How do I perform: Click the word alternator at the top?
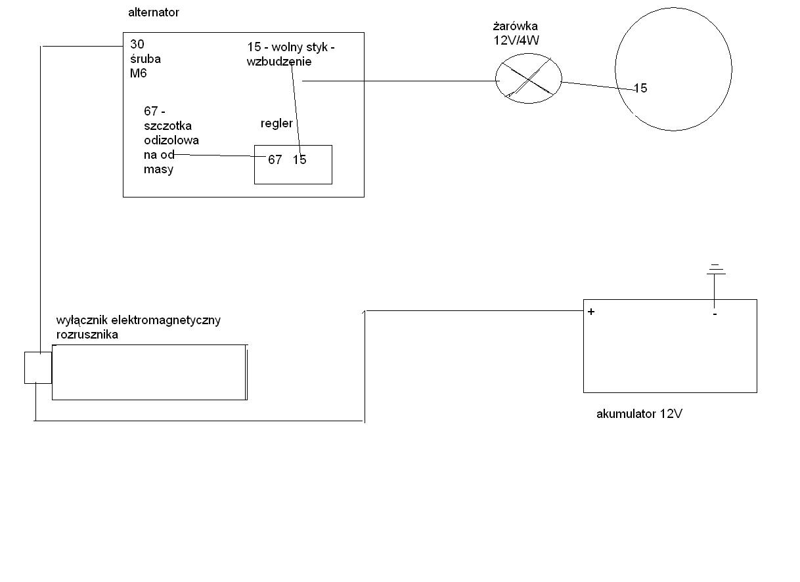click(x=153, y=12)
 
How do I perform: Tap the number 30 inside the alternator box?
click(x=137, y=45)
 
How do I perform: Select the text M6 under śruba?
click(x=138, y=73)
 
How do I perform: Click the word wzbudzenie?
click(x=279, y=62)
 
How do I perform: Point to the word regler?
click(x=277, y=123)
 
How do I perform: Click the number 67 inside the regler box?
click(x=275, y=159)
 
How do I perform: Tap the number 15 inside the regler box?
click(x=300, y=159)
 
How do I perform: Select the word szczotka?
click(x=168, y=126)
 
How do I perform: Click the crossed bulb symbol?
click(x=528, y=77)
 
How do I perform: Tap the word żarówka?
click(x=515, y=27)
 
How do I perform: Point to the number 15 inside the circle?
click(x=640, y=88)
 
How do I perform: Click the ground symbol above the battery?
click(x=716, y=270)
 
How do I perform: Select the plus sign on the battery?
click(x=591, y=312)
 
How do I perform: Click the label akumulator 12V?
click(x=639, y=414)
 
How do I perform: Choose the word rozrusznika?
click(x=87, y=334)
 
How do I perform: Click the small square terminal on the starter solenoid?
click(x=38, y=367)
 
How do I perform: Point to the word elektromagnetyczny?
click(x=166, y=320)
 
